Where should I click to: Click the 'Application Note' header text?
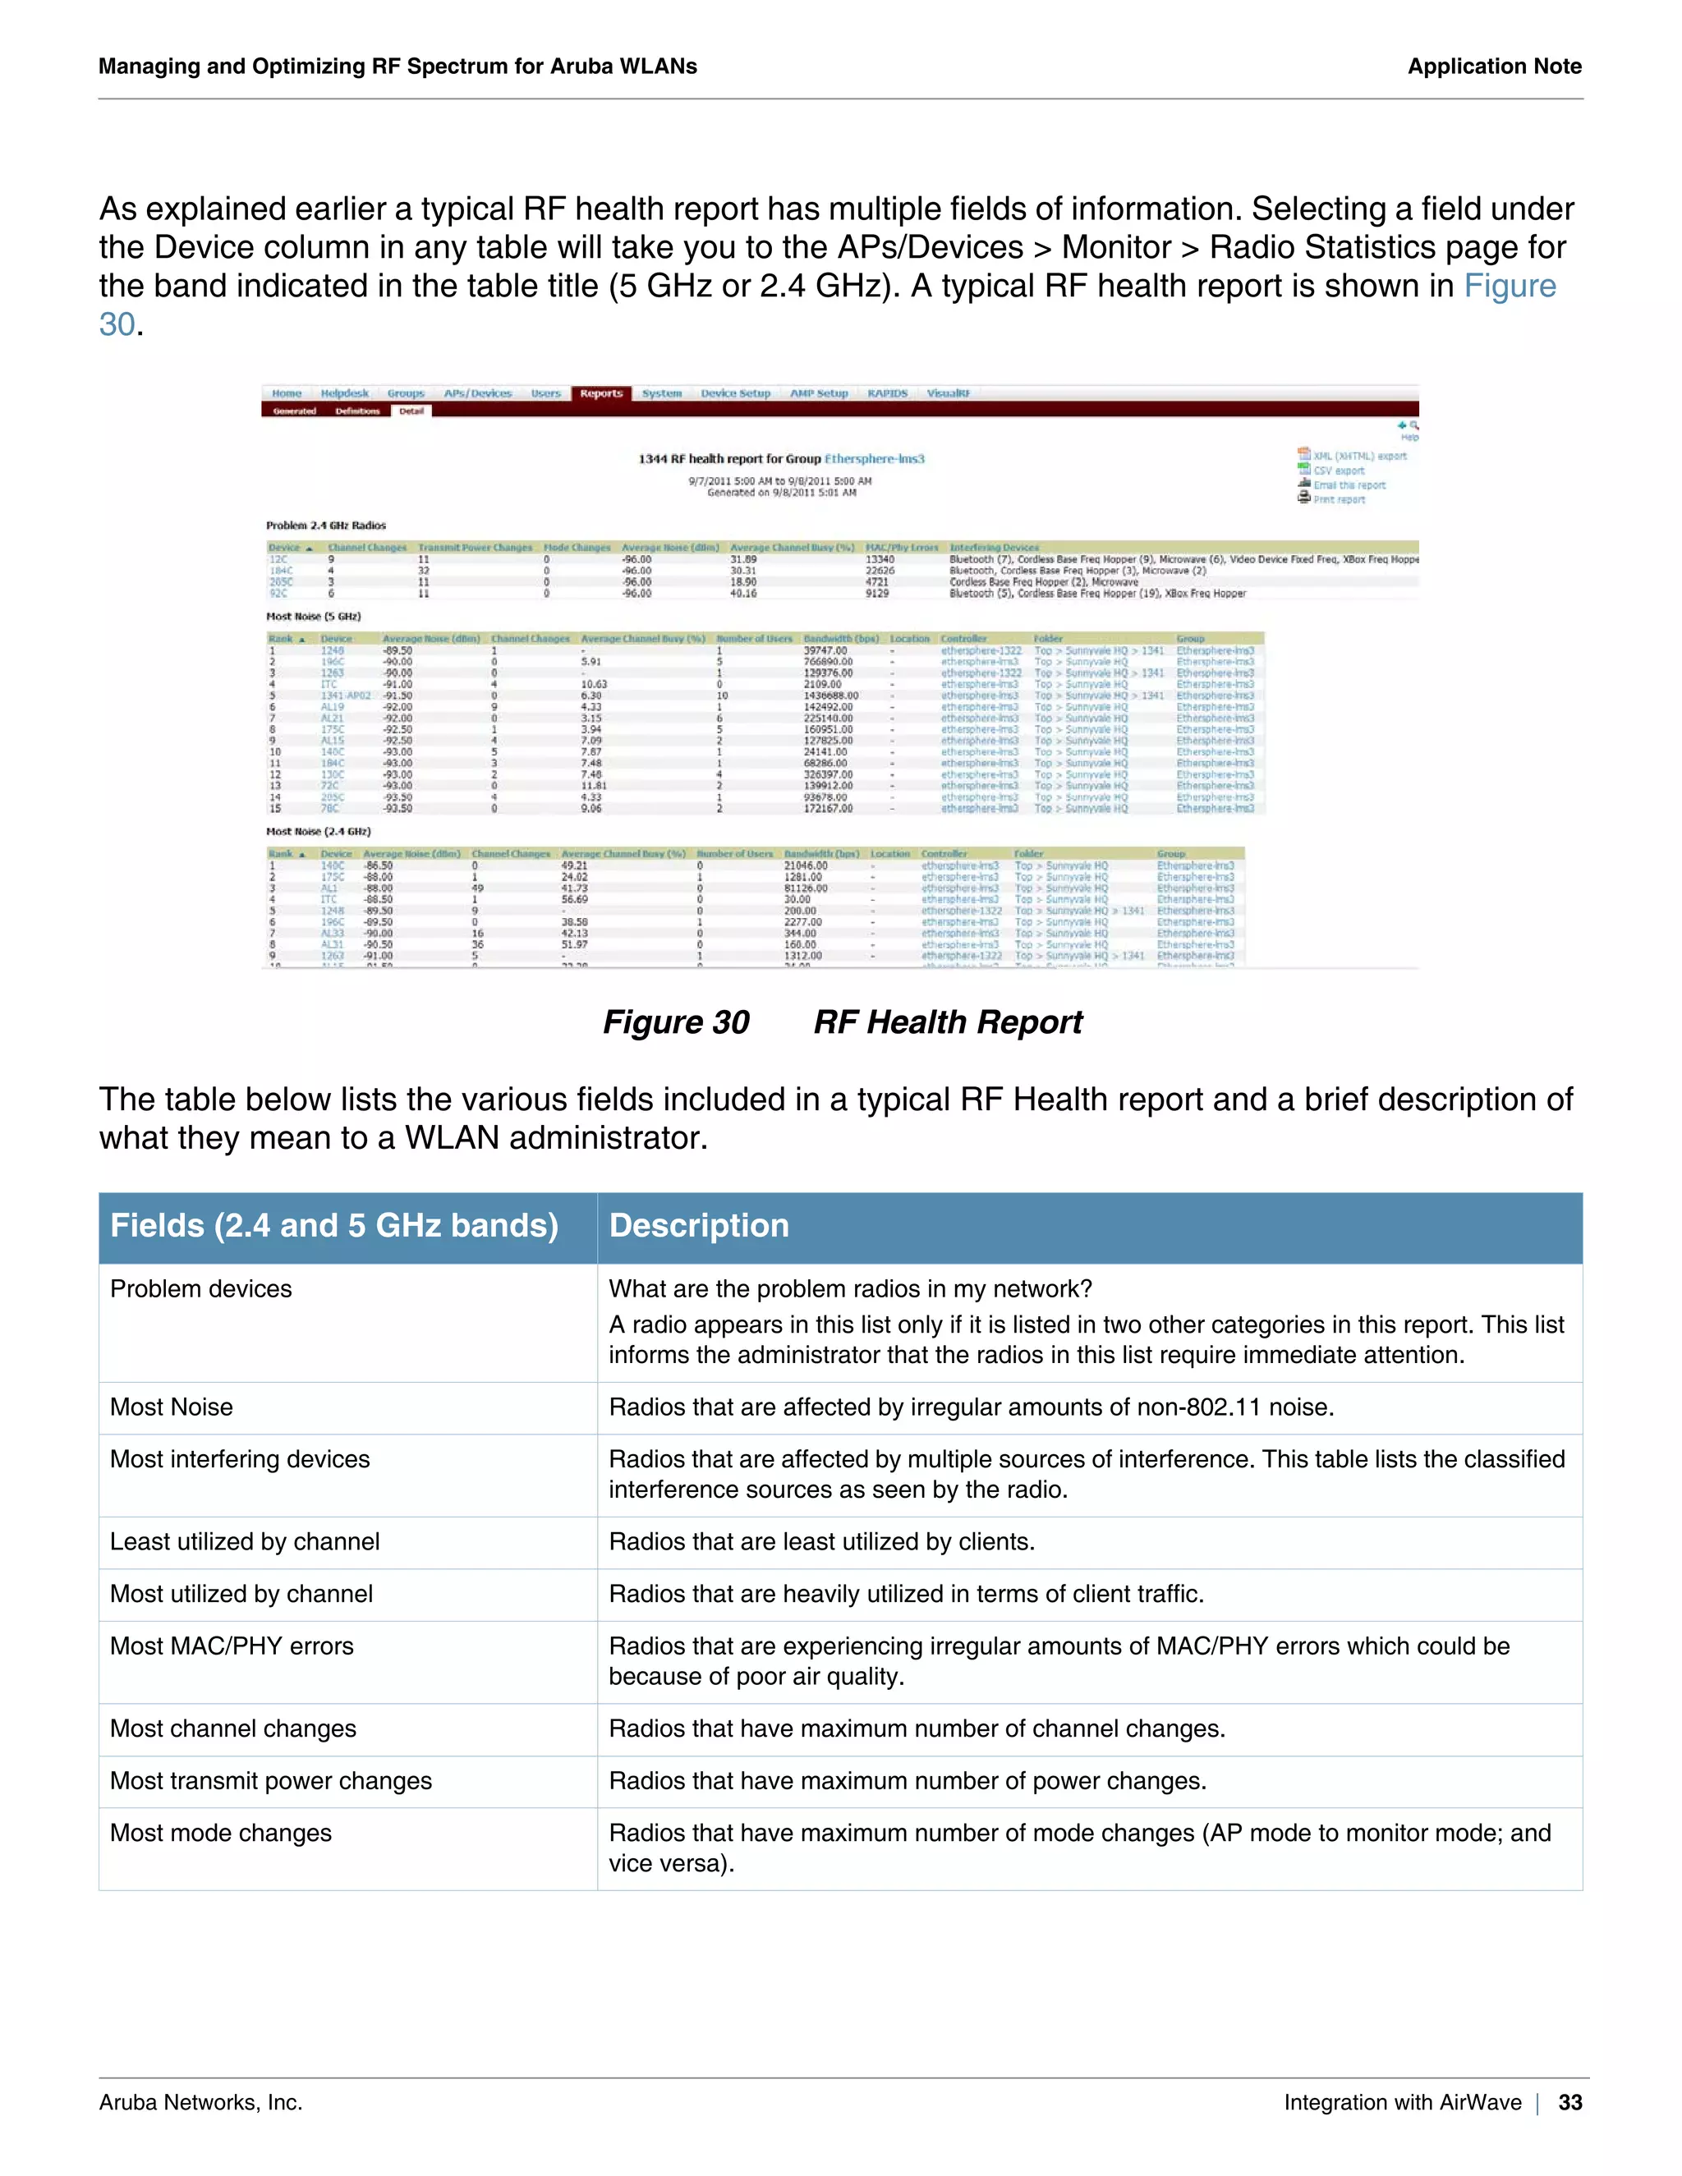pyautogui.click(x=1494, y=67)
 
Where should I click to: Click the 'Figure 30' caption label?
pyautogui.click(x=676, y=1022)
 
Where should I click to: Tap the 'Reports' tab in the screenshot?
pyautogui.click(x=601, y=393)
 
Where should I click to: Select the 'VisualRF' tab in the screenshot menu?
pyautogui.click(x=948, y=393)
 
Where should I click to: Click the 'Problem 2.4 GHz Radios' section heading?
pyautogui.click(x=326, y=525)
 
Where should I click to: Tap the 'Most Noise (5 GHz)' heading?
pyautogui.click(x=313, y=617)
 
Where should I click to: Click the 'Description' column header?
pyautogui.click(x=699, y=1225)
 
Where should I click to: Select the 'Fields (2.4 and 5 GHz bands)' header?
pyautogui.click(x=333, y=1225)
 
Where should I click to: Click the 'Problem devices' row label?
pyautogui.click(x=201, y=1289)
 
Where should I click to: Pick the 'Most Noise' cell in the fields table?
pyautogui.click(x=172, y=1407)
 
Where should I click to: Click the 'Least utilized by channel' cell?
pyautogui.click(x=244, y=1541)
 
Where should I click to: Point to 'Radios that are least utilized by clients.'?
pyautogui.click(x=821, y=1541)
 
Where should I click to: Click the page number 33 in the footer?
pyautogui.click(x=1569, y=2102)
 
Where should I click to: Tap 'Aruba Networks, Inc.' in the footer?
pyautogui.click(x=200, y=2102)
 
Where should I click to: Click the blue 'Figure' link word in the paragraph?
pyautogui.click(x=1509, y=286)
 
